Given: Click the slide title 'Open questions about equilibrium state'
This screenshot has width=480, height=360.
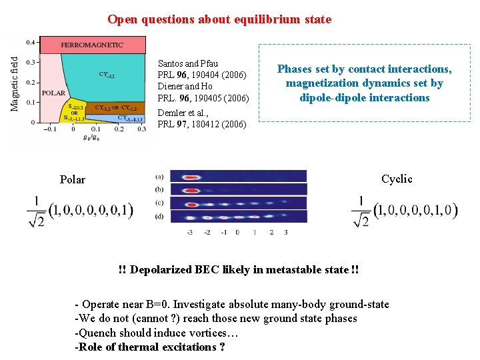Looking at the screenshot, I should point(219,19).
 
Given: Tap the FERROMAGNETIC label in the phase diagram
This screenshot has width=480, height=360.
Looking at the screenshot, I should point(92,45).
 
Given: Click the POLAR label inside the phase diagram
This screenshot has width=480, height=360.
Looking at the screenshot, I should point(53,93).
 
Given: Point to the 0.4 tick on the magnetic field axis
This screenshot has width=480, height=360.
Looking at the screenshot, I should point(31,43).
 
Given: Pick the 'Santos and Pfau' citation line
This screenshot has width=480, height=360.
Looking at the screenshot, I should point(187,63).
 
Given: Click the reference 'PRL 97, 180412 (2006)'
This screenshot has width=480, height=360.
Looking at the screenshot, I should point(201,124).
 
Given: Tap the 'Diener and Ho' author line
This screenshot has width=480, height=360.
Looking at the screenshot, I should point(185,87).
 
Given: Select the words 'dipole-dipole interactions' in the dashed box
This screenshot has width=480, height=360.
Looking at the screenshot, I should point(365,98).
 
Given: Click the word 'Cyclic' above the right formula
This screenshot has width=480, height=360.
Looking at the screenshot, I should point(397,179).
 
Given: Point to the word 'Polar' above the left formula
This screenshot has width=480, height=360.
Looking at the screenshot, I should point(73,180).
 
